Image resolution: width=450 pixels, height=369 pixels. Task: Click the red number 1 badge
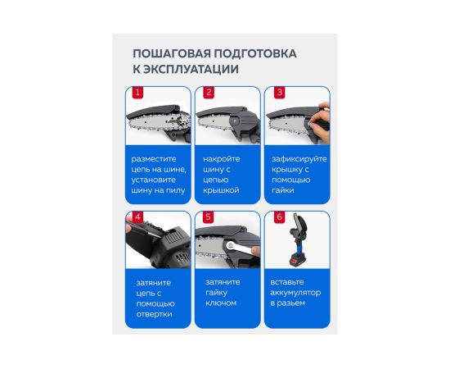click(x=137, y=93)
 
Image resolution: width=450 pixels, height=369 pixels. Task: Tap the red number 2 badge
click(x=209, y=93)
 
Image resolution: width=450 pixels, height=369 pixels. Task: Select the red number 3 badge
click(x=280, y=93)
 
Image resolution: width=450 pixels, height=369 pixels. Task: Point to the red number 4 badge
click(x=137, y=216)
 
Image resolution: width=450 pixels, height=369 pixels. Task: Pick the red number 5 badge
click(x=209, y=216)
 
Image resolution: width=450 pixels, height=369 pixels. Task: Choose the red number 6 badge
click(x=279, y=216)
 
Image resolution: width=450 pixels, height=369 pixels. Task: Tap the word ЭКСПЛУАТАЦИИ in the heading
click(x=191, y=70)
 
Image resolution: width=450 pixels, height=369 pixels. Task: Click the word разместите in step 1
click(x=154, y=159)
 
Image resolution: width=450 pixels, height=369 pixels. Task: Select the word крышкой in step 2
click(x=221, y=190)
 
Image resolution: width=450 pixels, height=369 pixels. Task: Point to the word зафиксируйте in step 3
click(x=299, y=159)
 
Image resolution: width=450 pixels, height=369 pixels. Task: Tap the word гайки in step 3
click(x=283, y=190)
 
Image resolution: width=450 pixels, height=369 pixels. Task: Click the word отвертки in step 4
click(x=154, y=314)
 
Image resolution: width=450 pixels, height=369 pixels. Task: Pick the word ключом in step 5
click(x=221, y=303)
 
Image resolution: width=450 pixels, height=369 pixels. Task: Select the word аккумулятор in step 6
click(x=295, y=293)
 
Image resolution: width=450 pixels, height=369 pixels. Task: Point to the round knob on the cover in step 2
click(x=235, y=121)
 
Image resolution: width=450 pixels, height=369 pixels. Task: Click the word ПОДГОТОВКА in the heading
click(x=255, y=53)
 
